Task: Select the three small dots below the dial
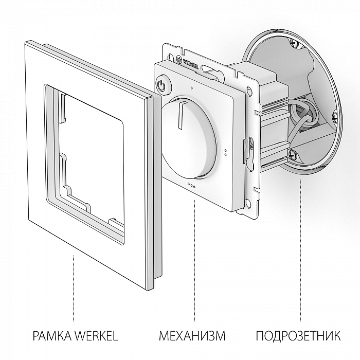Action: point(191,185)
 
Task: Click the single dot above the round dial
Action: point(191,87)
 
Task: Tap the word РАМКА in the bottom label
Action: point(52,337)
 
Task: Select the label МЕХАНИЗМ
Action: point(192,337)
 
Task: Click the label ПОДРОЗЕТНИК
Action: point(298,337)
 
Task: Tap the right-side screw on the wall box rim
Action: point(335,118)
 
